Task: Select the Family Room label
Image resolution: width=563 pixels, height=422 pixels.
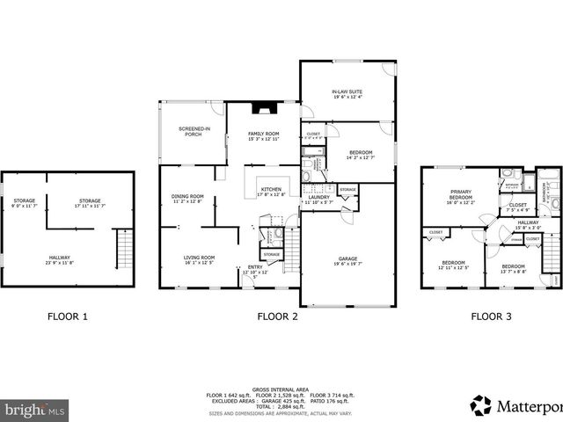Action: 262,135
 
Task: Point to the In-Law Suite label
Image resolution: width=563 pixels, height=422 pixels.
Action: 347,94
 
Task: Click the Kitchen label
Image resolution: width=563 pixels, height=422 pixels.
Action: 270,192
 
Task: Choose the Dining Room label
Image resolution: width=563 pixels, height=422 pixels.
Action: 187,199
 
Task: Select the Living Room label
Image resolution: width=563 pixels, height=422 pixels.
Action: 199,260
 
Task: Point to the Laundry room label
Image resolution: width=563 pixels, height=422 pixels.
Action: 318,200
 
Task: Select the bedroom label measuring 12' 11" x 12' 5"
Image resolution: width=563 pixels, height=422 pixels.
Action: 453,265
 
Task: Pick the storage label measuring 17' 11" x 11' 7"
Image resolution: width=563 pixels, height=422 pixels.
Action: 90,203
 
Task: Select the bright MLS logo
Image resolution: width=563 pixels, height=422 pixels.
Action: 35,410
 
